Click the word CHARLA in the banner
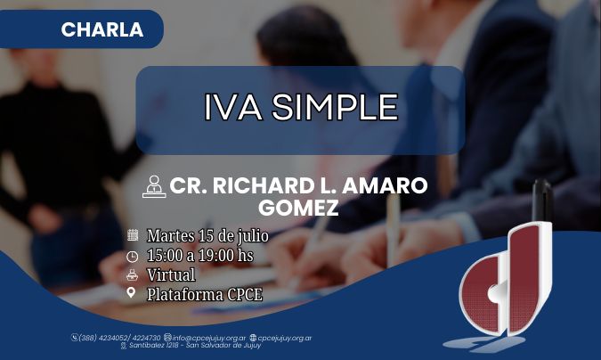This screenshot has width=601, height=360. pos(102,29)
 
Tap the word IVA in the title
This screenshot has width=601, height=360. pos(232,107)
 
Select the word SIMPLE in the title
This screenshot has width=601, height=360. pos(335,107)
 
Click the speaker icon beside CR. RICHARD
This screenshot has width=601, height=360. pos(154,186)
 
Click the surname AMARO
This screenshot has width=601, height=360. pos(385,185)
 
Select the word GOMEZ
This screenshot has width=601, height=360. pos(298,208)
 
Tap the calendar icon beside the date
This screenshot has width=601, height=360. pos(133,235)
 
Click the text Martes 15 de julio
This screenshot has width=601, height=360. pos(207,235)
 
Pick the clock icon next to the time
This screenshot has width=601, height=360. pos(133,257)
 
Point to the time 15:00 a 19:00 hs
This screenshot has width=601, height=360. pos(200,255)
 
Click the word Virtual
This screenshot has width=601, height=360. pos(171,274)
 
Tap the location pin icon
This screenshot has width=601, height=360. pos(131,293)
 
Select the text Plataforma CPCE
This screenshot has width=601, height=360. pos(205,295)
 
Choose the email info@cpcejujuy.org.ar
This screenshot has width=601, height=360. pos(209,338)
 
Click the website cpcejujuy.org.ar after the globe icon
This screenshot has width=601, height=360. pos(284,338)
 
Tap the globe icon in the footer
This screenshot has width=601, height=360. pos(253,338)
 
